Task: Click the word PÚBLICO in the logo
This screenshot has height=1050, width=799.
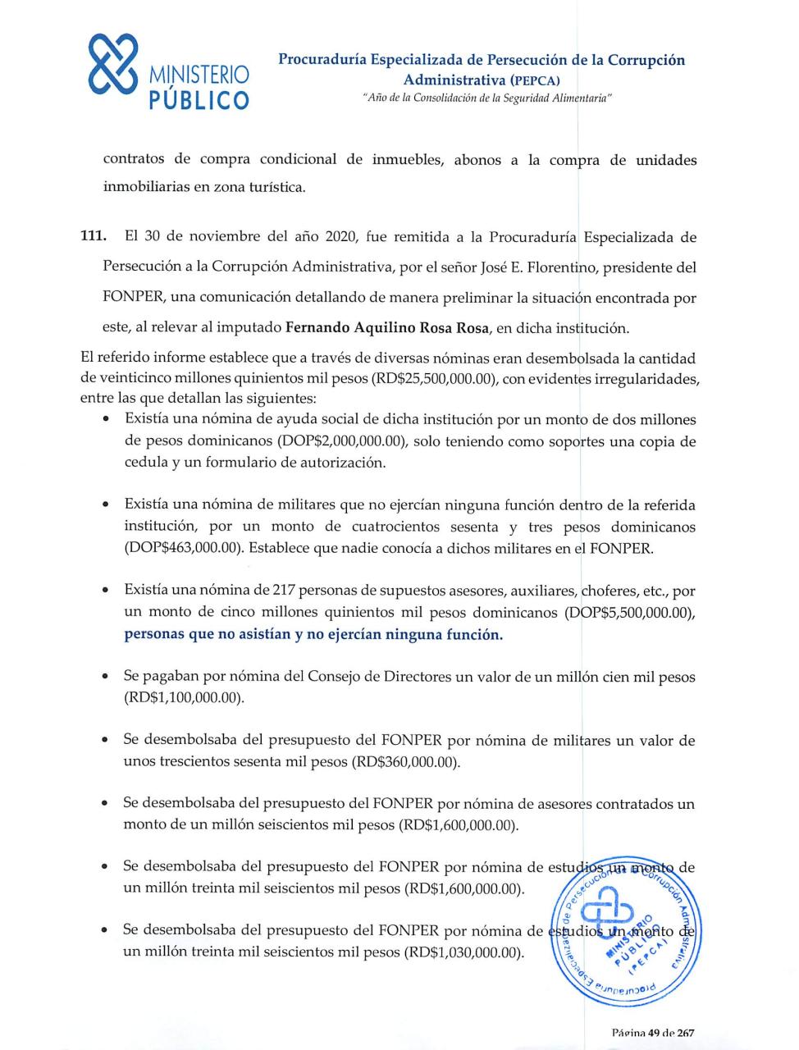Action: point(199,101)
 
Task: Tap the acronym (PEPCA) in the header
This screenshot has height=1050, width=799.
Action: point(534,80)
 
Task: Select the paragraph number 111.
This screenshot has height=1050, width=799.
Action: point(93,238)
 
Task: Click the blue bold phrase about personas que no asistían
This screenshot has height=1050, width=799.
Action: point(313,635)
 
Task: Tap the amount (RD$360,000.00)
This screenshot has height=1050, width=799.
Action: point(405,761)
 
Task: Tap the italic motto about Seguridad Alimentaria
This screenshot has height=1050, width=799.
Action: point(489,98)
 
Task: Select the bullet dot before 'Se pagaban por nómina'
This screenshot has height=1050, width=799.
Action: point(106,678)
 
